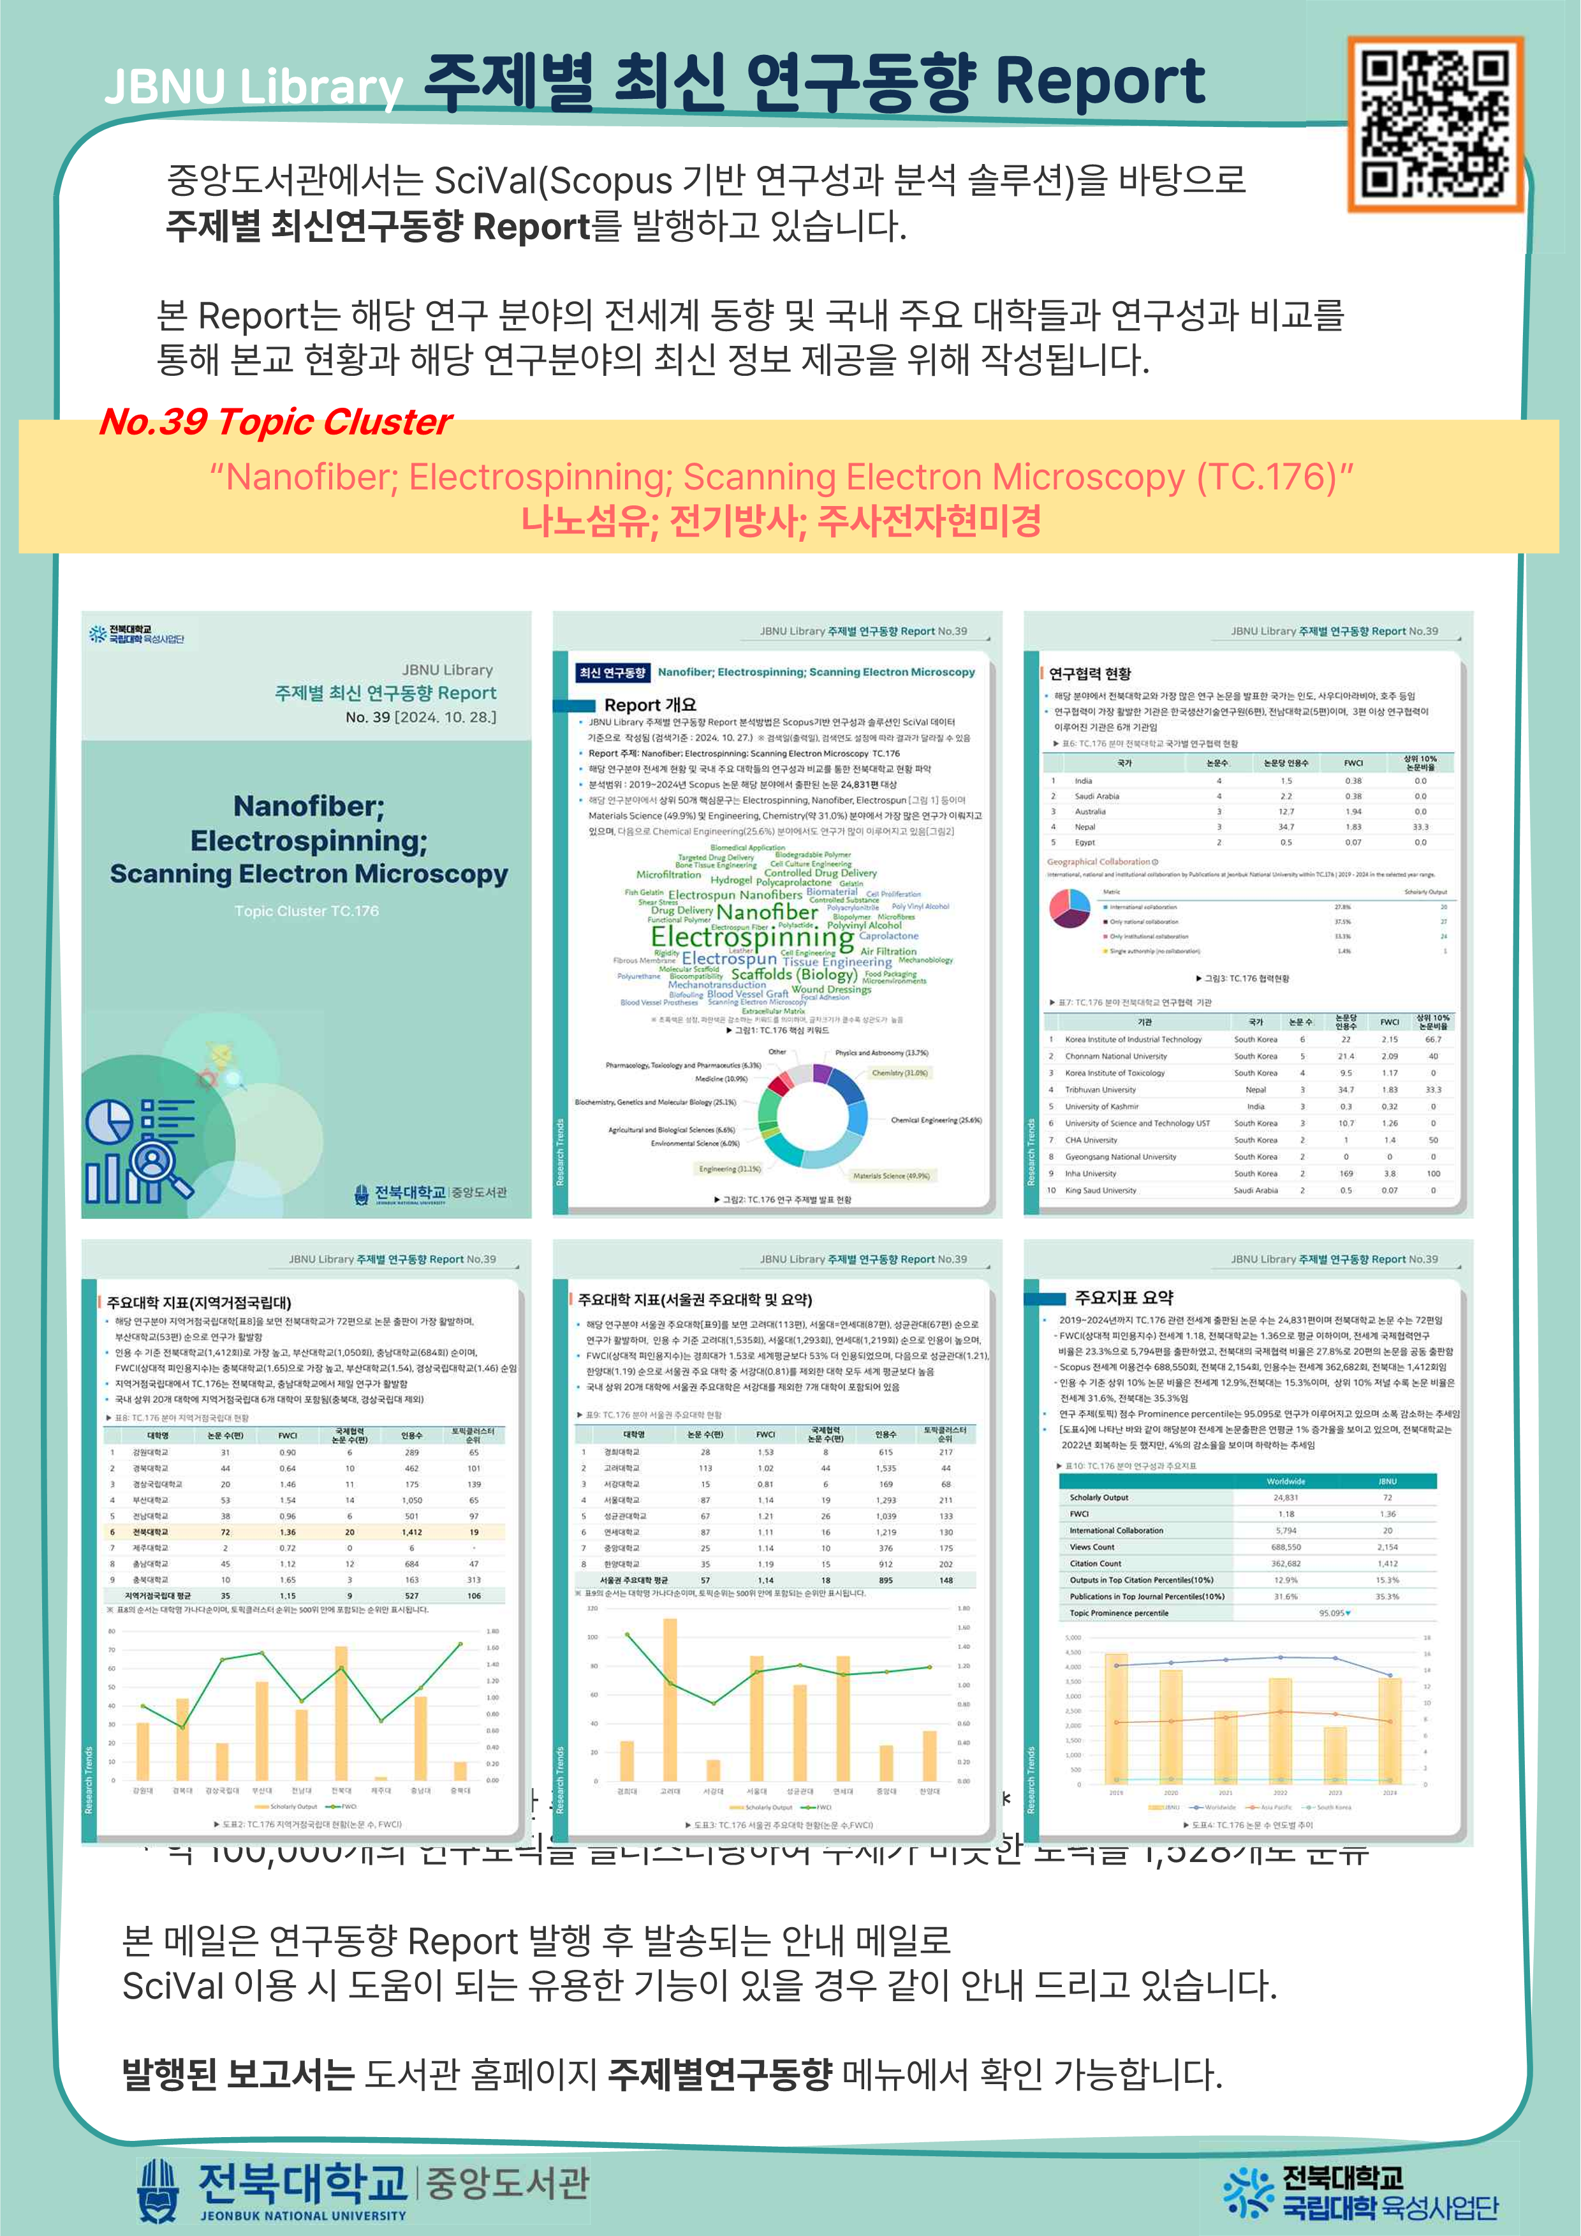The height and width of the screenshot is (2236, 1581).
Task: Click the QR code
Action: (1434, 124)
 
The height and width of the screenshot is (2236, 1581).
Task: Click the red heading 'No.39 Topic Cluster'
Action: (276, 422)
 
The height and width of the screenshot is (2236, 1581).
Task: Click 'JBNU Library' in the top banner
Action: (253, 87)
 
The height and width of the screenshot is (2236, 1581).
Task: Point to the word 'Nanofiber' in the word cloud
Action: (767, 911)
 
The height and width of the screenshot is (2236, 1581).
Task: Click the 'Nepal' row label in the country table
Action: (1084, 827)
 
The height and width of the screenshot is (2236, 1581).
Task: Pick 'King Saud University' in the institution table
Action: (1100, 1190)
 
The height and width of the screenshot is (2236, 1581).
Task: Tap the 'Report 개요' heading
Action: (649, 704)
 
